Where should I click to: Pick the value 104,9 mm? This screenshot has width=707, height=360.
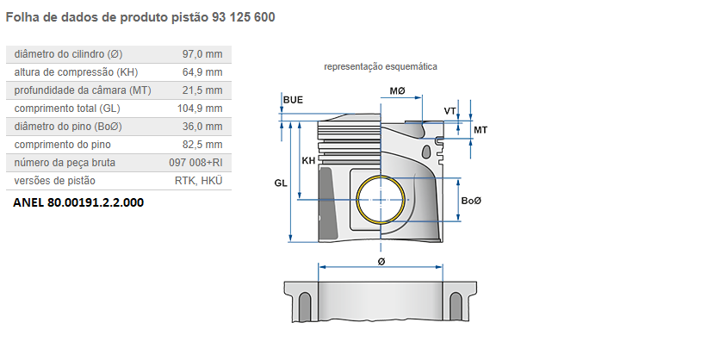200,109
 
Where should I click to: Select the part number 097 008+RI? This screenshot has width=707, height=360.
195,163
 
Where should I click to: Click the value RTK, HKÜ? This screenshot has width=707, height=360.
198,181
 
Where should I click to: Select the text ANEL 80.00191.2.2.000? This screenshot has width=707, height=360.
78,203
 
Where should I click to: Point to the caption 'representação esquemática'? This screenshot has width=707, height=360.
380,66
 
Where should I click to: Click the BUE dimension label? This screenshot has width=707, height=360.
293,101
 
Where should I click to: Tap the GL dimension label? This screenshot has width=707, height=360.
281,183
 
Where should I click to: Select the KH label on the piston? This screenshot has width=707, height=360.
308,161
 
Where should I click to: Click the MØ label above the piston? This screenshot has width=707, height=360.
397,90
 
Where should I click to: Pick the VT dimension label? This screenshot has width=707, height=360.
450,111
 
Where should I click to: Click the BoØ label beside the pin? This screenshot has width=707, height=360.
471,201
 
